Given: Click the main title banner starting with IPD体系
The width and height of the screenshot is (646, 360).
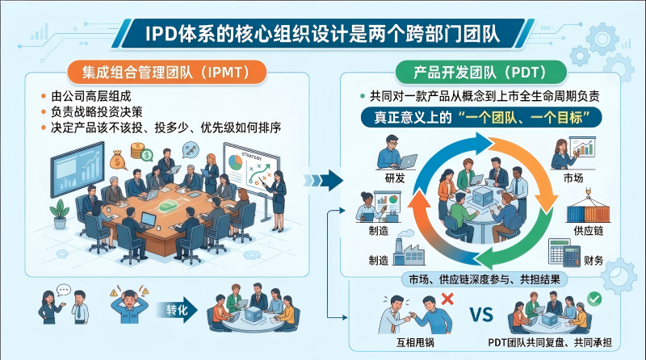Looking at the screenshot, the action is point(323,33).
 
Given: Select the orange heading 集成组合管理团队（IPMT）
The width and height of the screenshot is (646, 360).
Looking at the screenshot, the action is point(166,73).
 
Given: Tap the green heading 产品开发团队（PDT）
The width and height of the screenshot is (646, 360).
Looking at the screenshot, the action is point(480,73).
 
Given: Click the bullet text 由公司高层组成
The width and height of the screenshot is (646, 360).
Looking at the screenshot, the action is point(91,96).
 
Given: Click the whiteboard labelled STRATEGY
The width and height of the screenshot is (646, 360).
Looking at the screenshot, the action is point(251,169).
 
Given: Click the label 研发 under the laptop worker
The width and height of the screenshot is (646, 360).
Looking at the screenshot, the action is point(395,178).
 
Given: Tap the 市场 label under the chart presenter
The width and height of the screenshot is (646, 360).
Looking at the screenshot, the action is point(573,178).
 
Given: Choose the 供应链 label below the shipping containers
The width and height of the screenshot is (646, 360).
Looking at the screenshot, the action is point(589,231).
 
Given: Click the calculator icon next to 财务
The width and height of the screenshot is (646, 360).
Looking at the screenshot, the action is point(564,253).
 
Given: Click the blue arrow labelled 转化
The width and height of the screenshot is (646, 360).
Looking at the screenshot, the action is point(177,310).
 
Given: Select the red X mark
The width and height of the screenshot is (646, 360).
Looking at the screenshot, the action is point(447,299).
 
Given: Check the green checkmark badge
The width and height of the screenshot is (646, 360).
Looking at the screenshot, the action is point(594,299).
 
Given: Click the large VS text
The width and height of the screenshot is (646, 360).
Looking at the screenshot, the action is point(481,315).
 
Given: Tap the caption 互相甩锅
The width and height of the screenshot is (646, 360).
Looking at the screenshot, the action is point(415,342).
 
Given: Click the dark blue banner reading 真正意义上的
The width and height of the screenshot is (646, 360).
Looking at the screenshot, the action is point(481,117).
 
